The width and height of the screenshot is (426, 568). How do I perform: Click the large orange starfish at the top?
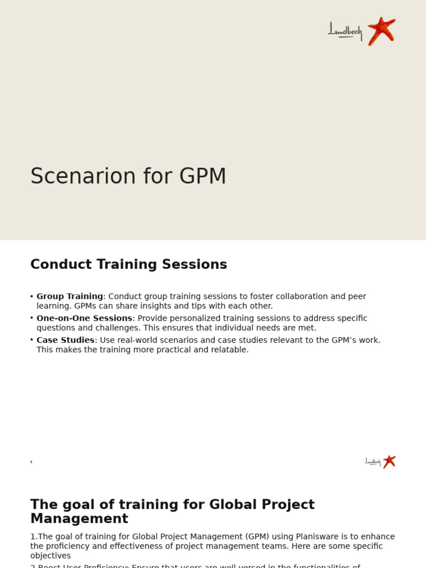pos(381,31)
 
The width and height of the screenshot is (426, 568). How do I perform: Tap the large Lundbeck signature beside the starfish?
pos(344,31)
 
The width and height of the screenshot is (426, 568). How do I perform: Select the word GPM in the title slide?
pos(202,176)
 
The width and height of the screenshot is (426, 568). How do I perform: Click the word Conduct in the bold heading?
pos(58,265)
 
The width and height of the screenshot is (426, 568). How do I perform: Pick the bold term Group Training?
pos(70,297)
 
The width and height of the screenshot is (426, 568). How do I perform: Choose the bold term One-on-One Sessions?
pos(84,318)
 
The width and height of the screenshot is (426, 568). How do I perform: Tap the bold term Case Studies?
pos(65,340)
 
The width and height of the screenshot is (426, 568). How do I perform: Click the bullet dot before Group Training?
pos(32,297)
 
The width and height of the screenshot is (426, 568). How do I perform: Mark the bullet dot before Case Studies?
pos(32,340)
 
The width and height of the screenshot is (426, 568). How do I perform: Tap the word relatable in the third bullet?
pos(228,350)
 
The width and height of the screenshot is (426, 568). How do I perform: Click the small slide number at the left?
pos(32,462)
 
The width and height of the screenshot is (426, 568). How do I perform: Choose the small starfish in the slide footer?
pos(389,461)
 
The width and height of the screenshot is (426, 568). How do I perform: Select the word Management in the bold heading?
pos(79,519)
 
